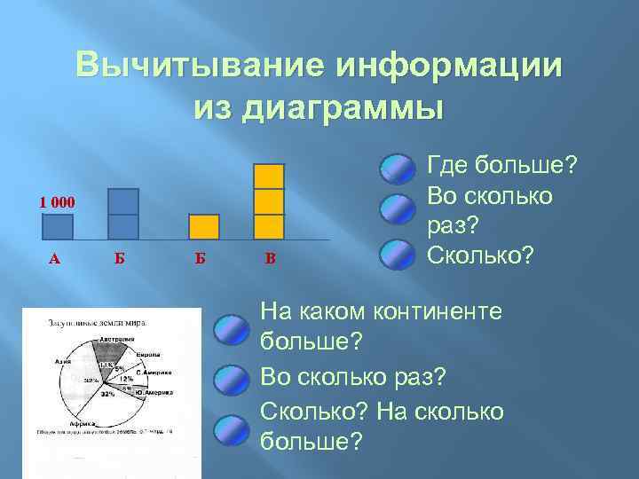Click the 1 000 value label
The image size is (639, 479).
pos(57,202)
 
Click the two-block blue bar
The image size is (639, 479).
pos(122,214)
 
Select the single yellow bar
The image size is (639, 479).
pos(205,227)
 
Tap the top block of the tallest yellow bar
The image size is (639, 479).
pos(268,176)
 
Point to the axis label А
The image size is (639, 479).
pos(55,259)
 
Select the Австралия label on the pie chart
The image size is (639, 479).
pos(116,339)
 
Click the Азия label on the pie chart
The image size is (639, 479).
pos(62,362)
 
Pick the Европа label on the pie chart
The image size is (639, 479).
pos(146,353)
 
